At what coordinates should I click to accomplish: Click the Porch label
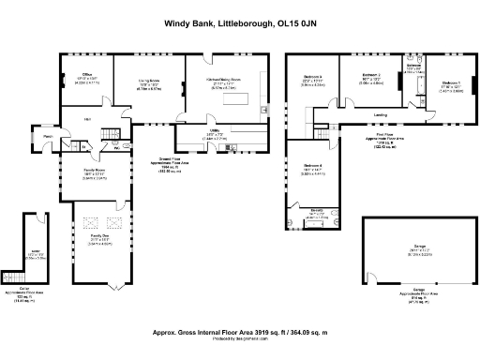pos(47,139)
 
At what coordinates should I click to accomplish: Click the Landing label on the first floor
pos(381,115)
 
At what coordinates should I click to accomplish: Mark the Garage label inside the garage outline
pos(412,246)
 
